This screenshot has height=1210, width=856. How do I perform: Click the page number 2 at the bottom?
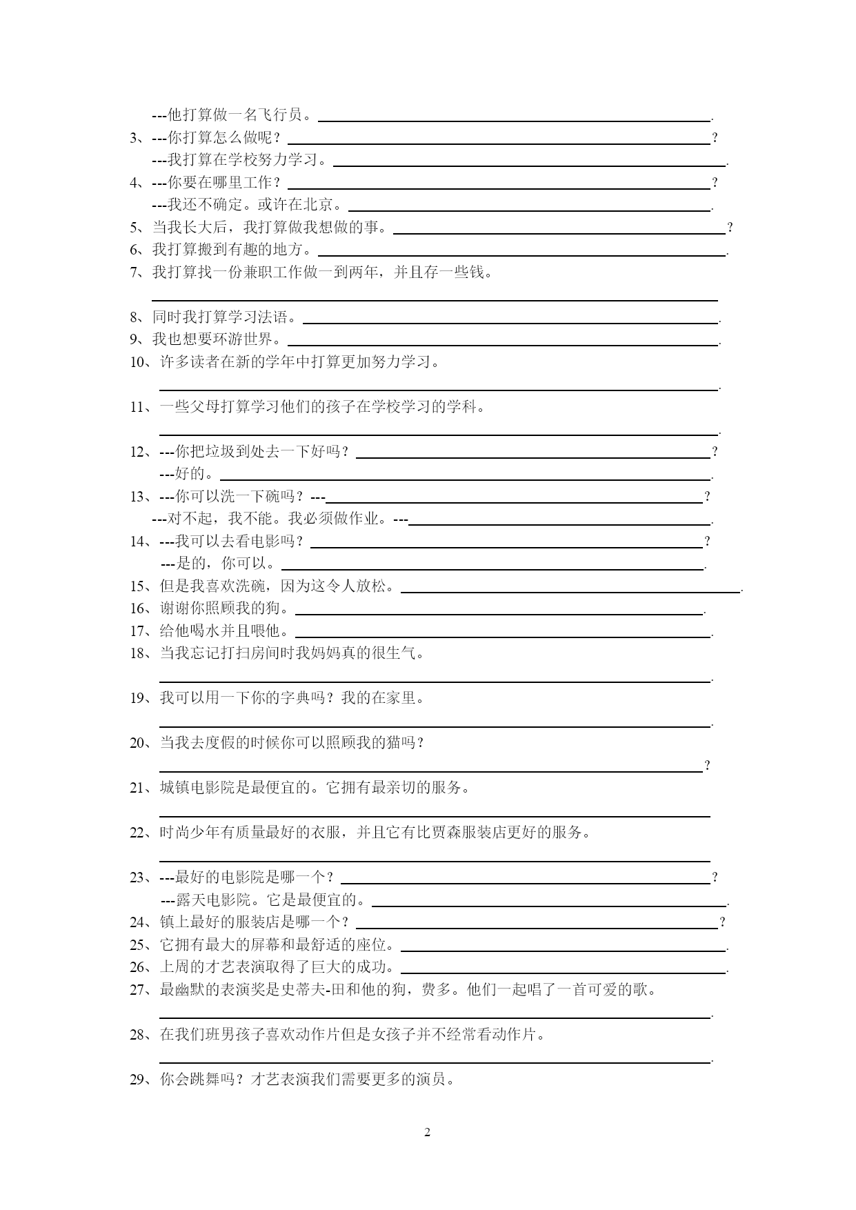coord(427,1133)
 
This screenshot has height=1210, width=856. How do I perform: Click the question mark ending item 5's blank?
coord(730,228)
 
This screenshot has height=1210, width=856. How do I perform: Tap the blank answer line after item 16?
coord(498,613)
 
